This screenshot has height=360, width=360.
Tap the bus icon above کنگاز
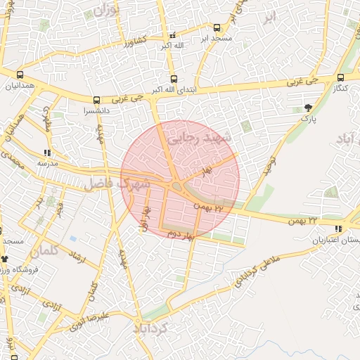pyautogui.click(x=340, y=78)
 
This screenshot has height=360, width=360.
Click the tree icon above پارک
pyautogui.click(x=309, y=108)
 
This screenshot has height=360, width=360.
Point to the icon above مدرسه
pyautogui.click(x=47, y=152)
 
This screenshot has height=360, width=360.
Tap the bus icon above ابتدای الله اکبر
pyautogui.click(x=174, y=79)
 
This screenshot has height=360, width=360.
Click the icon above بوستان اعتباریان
pyautogui.click(x=339, y=229)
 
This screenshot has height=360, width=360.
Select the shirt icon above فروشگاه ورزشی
pyautogui.click(x=4, y=259)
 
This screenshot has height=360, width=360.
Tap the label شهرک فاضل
pyautogui.click(x=117, y=184)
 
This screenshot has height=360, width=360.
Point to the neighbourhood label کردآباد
pyautogui.click(x=153, y=328)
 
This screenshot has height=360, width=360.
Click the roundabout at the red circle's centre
pyautogui.click(x=176, y=185)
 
